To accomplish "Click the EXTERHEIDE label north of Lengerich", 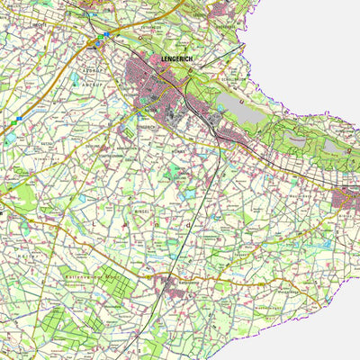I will tap(151, 27).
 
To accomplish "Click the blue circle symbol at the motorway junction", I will tap(105, 34).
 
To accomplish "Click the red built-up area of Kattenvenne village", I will tap(171, 286).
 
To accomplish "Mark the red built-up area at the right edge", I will tap(348, 200).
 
